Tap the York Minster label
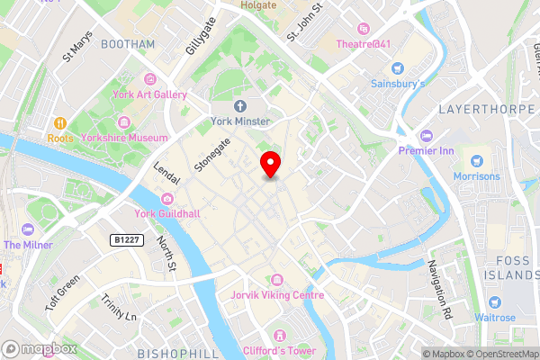pos(240,120)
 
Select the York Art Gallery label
pos(149,94)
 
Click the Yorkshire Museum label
pos(135,138)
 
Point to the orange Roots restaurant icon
pos(59,122)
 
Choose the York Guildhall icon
pos(166,199)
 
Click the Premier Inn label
pos(428,150)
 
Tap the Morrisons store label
pos(476,175)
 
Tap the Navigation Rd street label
pos(440,290)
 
